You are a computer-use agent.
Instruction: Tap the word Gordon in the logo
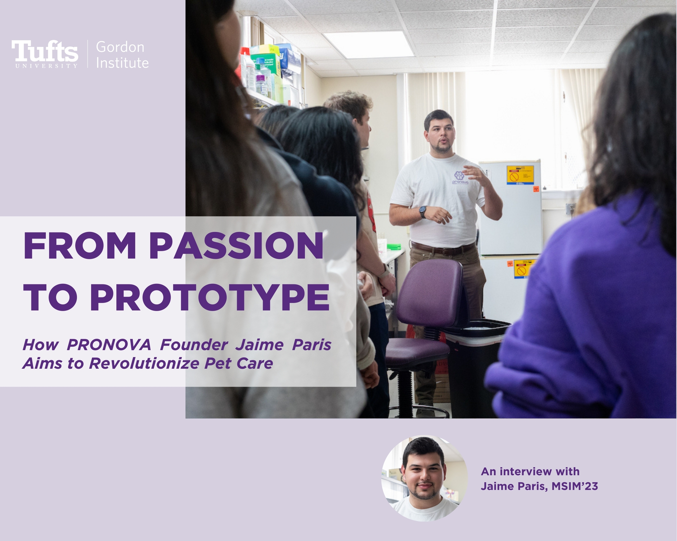tap(120, 47)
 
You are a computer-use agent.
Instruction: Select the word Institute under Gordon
tap(122, 63)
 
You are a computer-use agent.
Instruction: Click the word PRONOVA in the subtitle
tap(109, 345)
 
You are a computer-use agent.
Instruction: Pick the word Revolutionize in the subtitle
tap(144, 363)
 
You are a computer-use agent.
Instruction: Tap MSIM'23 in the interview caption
tap(575, 486)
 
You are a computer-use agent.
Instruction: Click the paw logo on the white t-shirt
tap(459, 176)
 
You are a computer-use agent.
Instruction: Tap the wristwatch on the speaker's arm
tap(423, 212)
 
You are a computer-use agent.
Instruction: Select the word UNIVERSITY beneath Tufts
tap(46, 66)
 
